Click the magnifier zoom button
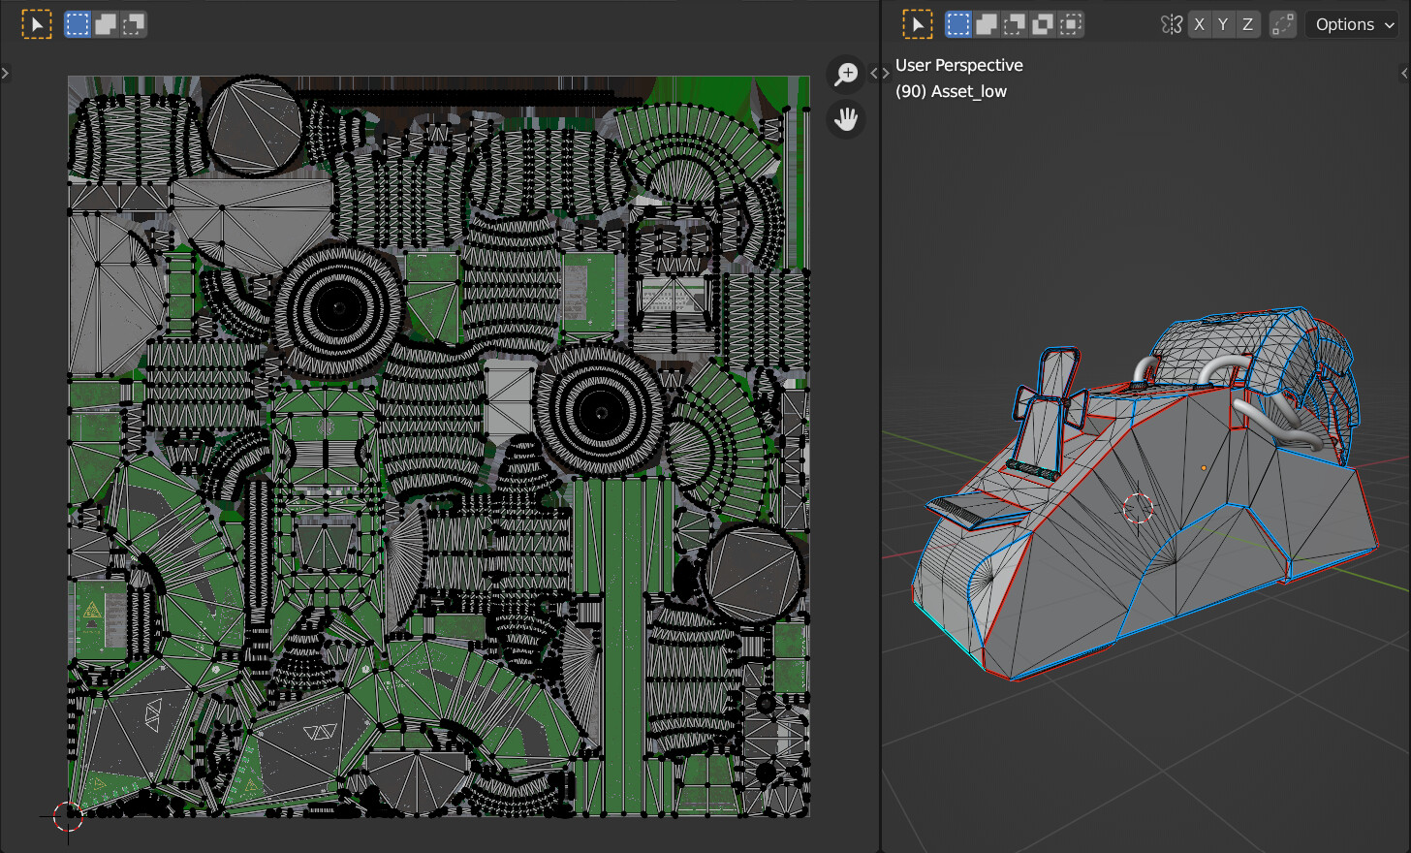(846, 74)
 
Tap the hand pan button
(846, 119)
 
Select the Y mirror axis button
(1223, 24)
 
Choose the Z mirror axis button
(1247, 24)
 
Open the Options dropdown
(1354, 24)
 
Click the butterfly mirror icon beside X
(1172, 24)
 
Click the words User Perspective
(958, 65)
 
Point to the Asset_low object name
(968, 91)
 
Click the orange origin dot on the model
(1204, 468)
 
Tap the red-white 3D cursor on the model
(1138, 508)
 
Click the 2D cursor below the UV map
(68, 816)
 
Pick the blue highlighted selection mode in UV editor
(77, 24)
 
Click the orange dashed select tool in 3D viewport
(917, 24)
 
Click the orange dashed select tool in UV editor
(36, 24)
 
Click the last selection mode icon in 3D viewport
(1070, 24)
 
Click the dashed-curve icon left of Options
(1282, 24)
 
